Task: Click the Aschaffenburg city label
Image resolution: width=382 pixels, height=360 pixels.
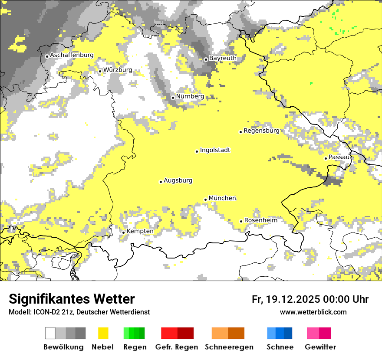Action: pyautogui.click(x=72, y=56)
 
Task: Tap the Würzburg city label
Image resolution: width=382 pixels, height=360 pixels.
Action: pyautogui.click(x=118, y=70)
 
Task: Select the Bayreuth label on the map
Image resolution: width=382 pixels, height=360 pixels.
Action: pyautogui.click(x=223, y=58)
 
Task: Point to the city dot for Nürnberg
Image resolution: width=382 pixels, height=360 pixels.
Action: pyautogui.click(x=173, y=98)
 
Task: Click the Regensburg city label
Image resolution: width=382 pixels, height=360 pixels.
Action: pyautogui.click(x=261, y=131)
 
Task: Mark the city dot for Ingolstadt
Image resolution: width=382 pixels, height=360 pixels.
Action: pyautogui.click(x=197, y=151)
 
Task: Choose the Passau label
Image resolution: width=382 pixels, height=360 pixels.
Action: pyautogui.click(x=339, y=157)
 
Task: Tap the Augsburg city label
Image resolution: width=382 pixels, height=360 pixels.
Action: pyautogui.click(x=178, y=181)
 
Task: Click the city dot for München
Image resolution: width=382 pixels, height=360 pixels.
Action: pyautogui.click(x=205, y=200)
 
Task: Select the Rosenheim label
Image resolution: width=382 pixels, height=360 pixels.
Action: pyautogui.click(x=260, y=220)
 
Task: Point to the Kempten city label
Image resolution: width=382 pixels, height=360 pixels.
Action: pyautogui.click(x=140, y=231)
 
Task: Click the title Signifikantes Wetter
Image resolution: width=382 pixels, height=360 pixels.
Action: pyautogui.click(x=72, y=299)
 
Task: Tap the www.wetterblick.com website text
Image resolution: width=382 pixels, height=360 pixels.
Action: pyautogui.click(x=313, y=312)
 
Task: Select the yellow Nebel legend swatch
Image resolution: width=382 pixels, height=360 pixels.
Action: pyautogui.click(x=103, y=333)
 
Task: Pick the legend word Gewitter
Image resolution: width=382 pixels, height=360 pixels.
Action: pyautogui.click(x=320, y=347)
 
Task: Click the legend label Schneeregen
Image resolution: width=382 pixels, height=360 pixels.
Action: pyautogui.click(x=229, y=347)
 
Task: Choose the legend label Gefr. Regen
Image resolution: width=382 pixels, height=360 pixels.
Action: pyautogui.click(x=176, y=347)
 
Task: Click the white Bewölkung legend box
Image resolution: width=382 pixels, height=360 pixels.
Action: pyautogui.click(x=50, y=333)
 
